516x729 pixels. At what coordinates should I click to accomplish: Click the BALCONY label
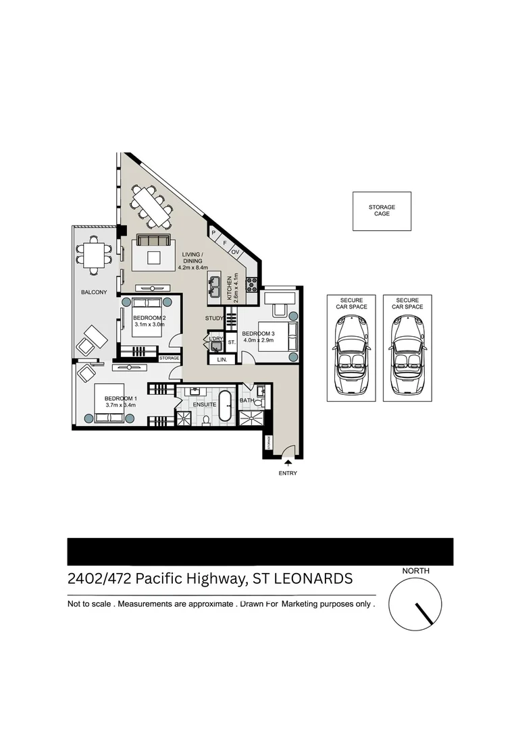93,292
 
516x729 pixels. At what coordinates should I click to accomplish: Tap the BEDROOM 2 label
149,317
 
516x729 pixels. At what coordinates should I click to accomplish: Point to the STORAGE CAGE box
382,211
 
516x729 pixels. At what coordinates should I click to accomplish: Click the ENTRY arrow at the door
288,463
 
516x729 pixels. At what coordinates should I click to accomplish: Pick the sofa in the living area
154,241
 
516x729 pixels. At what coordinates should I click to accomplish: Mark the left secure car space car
348,354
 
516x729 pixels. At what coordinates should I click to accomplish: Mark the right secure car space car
405,354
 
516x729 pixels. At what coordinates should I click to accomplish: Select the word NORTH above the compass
415,571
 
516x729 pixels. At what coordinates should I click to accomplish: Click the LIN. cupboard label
222,360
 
